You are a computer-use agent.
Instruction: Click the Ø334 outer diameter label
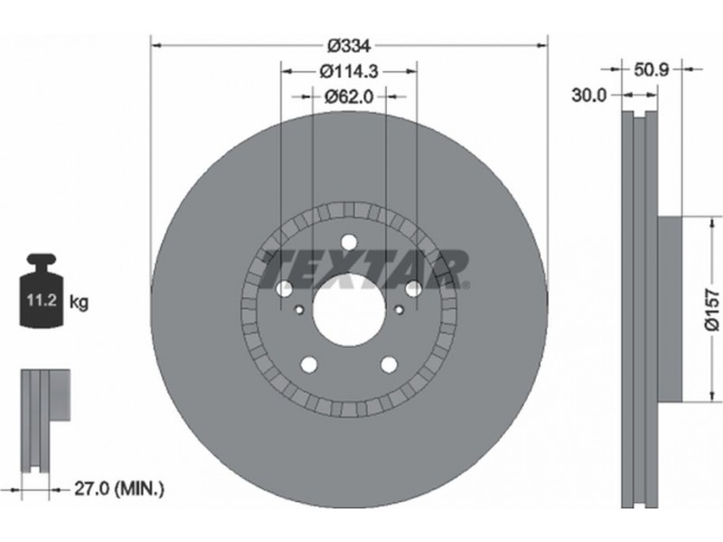349,46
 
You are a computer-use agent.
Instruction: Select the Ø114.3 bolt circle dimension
349,71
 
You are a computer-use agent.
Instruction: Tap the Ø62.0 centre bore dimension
349,97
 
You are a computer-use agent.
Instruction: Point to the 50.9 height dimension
651,70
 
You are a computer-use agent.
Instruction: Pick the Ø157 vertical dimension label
712,310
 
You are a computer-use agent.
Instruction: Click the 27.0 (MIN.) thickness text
119,488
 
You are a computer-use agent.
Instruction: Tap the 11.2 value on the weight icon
41,301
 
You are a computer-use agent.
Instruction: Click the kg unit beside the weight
79,303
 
